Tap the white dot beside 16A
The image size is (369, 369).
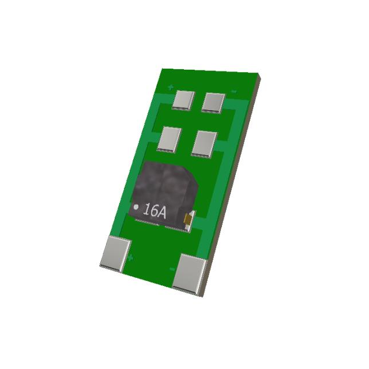click(x=136, y=206)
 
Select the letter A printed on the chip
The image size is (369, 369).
click(x=161, y=213)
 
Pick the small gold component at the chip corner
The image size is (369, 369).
click(x=187, y=219)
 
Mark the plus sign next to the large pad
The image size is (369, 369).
click(x=131, y=257)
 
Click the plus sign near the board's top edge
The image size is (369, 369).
click(x=170, y=88)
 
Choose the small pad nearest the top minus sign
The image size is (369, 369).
click(x=213, y=102)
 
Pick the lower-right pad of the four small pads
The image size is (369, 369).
click(x=205, y=143)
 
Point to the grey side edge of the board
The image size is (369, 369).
click(x=231, y=190)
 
